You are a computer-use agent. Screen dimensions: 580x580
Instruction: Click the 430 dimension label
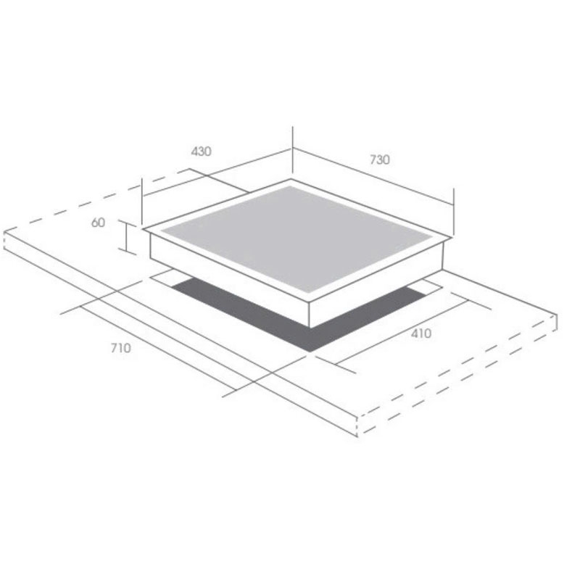[x=201, y=152]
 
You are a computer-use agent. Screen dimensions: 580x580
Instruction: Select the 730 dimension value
[x=379, y=159]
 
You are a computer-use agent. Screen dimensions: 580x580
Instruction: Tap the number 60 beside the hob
[x=99, y=223]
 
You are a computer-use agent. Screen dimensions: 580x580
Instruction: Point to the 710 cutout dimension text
[x=121, y=348]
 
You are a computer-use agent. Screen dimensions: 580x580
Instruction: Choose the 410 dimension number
[x=420, y=334]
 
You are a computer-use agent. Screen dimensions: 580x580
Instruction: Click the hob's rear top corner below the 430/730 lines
[x=292, y=178]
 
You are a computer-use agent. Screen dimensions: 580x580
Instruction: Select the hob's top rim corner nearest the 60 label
[x=144, y=230]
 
